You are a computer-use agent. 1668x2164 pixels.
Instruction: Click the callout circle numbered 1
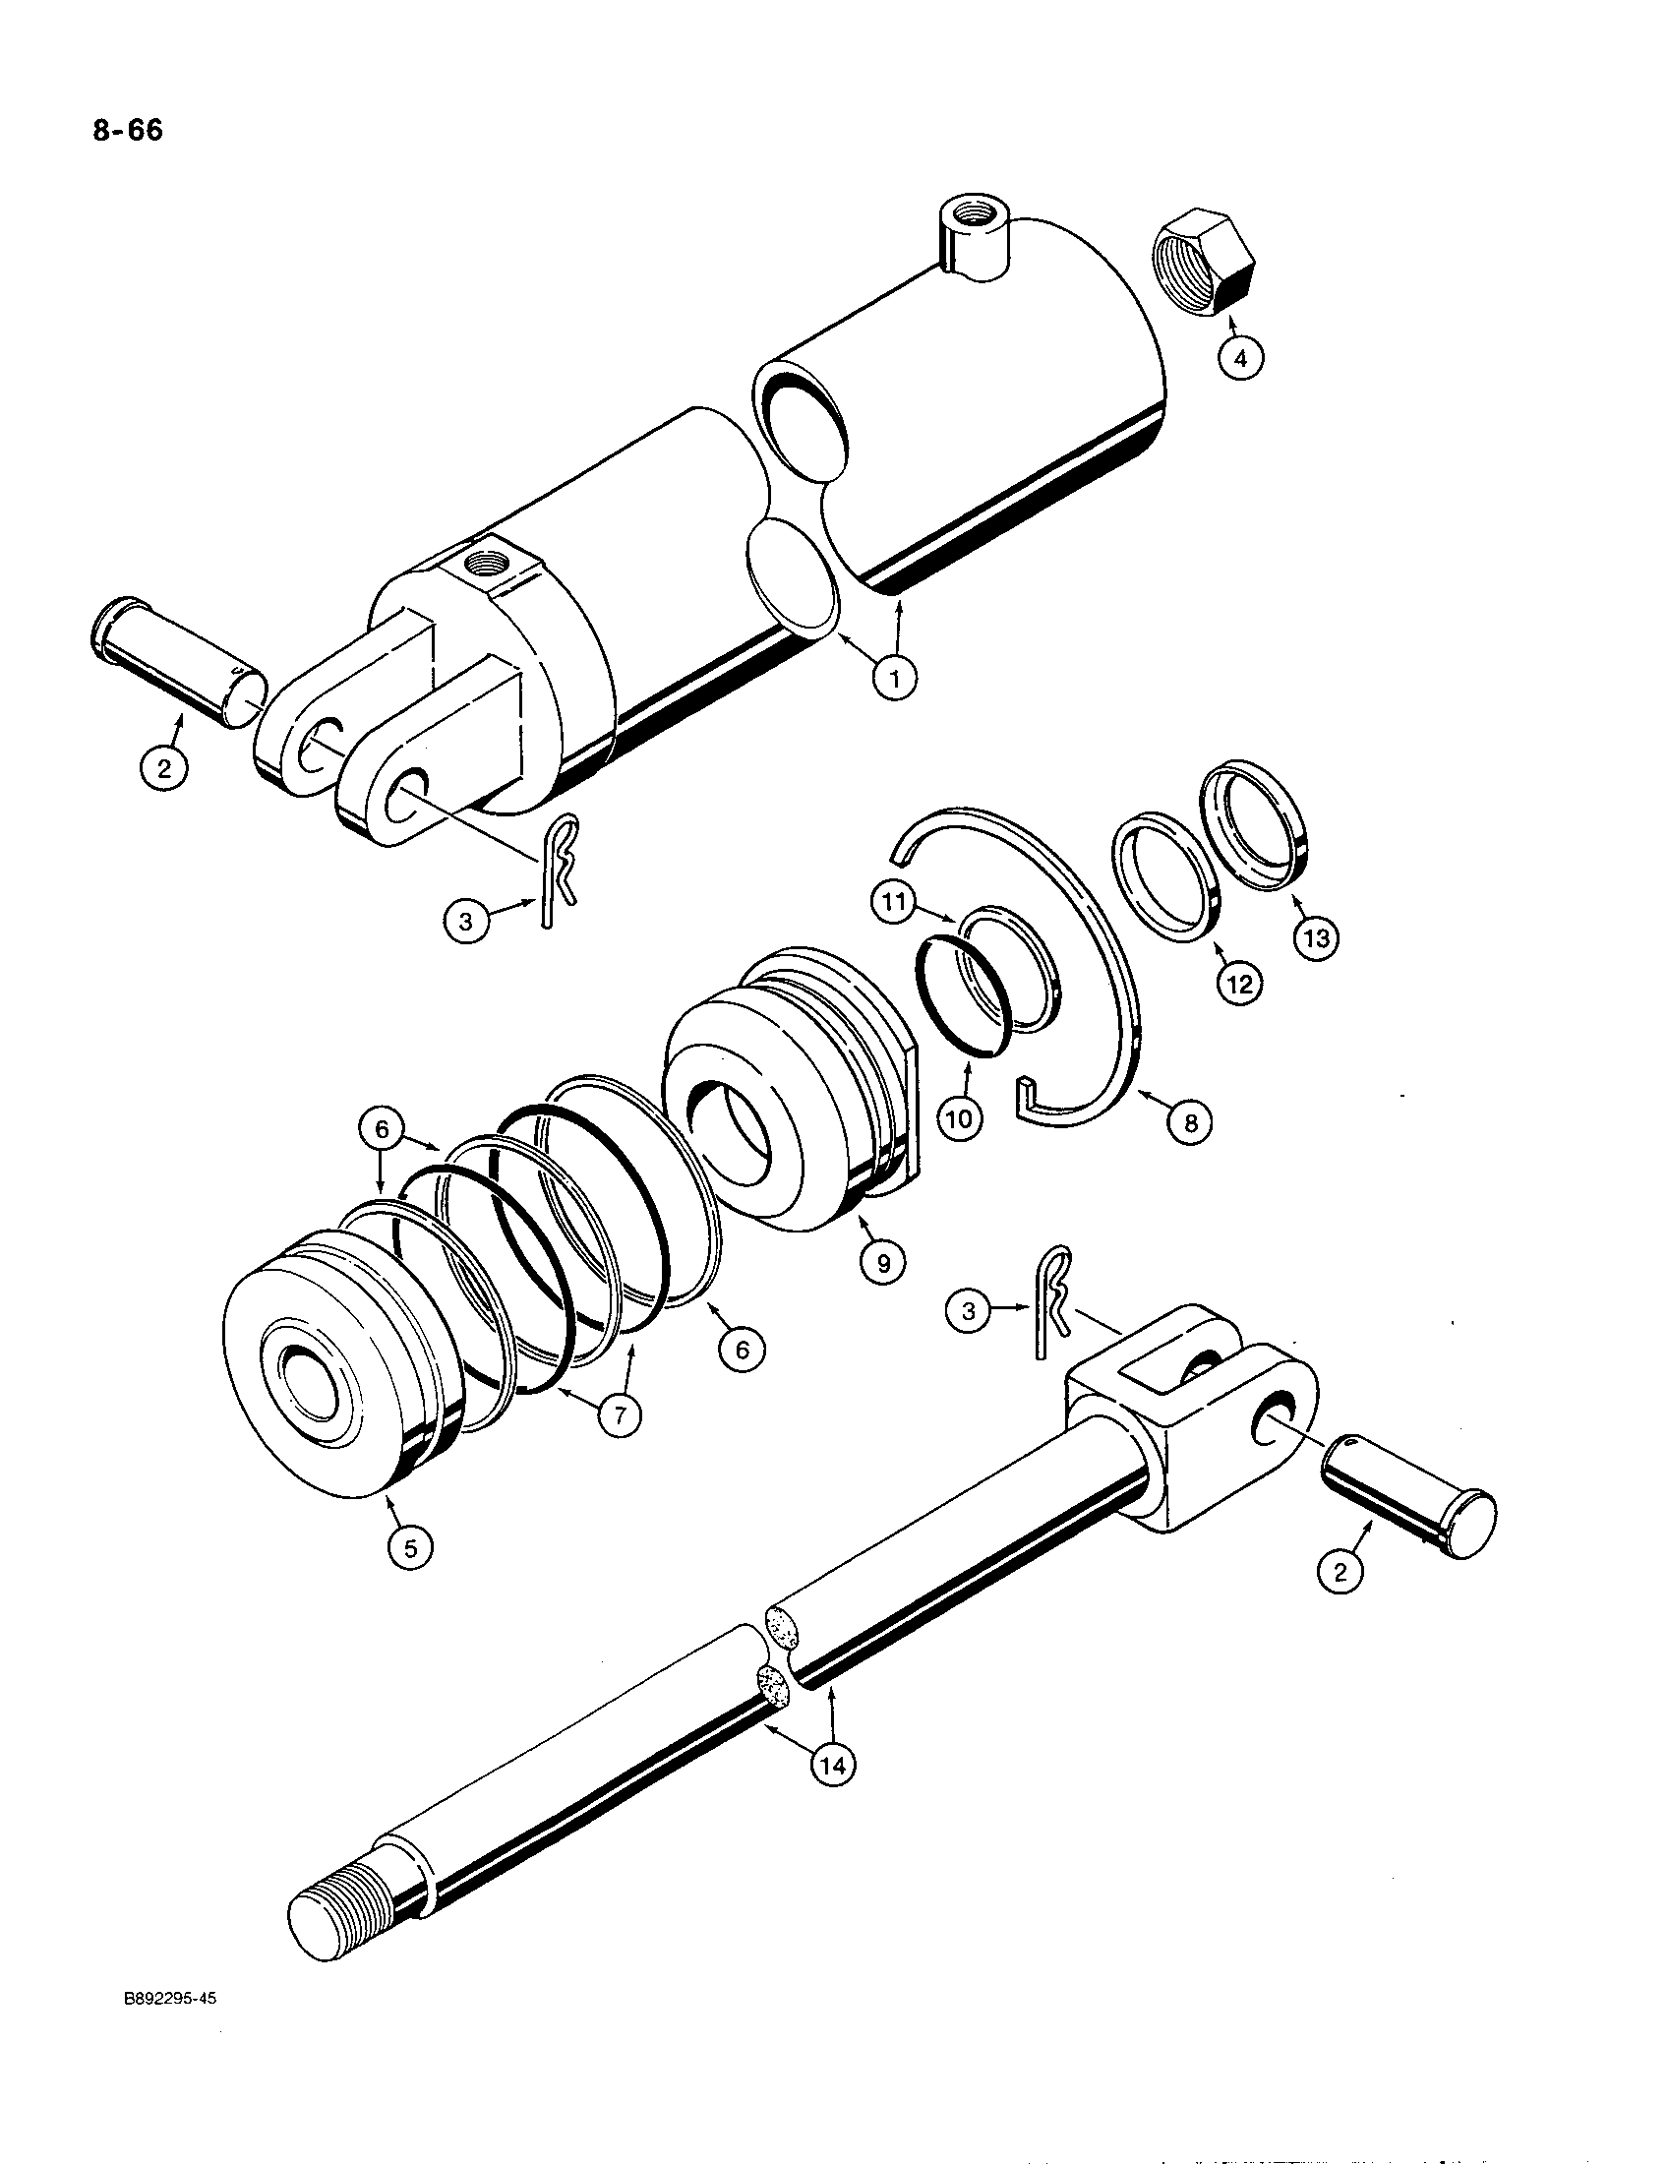coord(894,679)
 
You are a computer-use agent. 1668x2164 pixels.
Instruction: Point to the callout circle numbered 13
coord(1316,936)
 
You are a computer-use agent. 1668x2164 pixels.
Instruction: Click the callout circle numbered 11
coord(894,905)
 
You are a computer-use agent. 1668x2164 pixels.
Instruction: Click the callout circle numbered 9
coord(882,1261)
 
